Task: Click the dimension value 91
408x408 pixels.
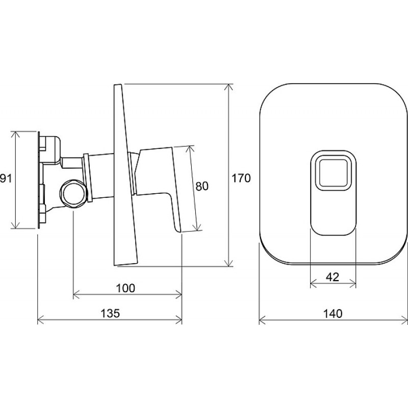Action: pyautogui.click(x=6, y=179)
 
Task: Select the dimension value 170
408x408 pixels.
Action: pyautogui.click(x=241, y=178)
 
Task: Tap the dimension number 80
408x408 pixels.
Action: pyautogui.click(x=202, y=186)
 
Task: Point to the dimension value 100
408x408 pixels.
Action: pyautogui.click(x=125, y=288)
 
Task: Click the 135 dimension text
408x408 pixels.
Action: pyautogui.click(x=110, y=313)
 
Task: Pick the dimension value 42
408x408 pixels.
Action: pyautogui.click(x=333, y=277)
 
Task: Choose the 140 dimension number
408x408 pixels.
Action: pyautogui.click(x=333, y=314)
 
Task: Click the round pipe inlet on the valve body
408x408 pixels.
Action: pyautogui.click(x=73, y=193)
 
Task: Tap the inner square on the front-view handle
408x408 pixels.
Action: pyautogui.click(x=334, y=173)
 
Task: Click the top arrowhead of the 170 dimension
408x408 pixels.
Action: pyautogui.click(x=228, y=87)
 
